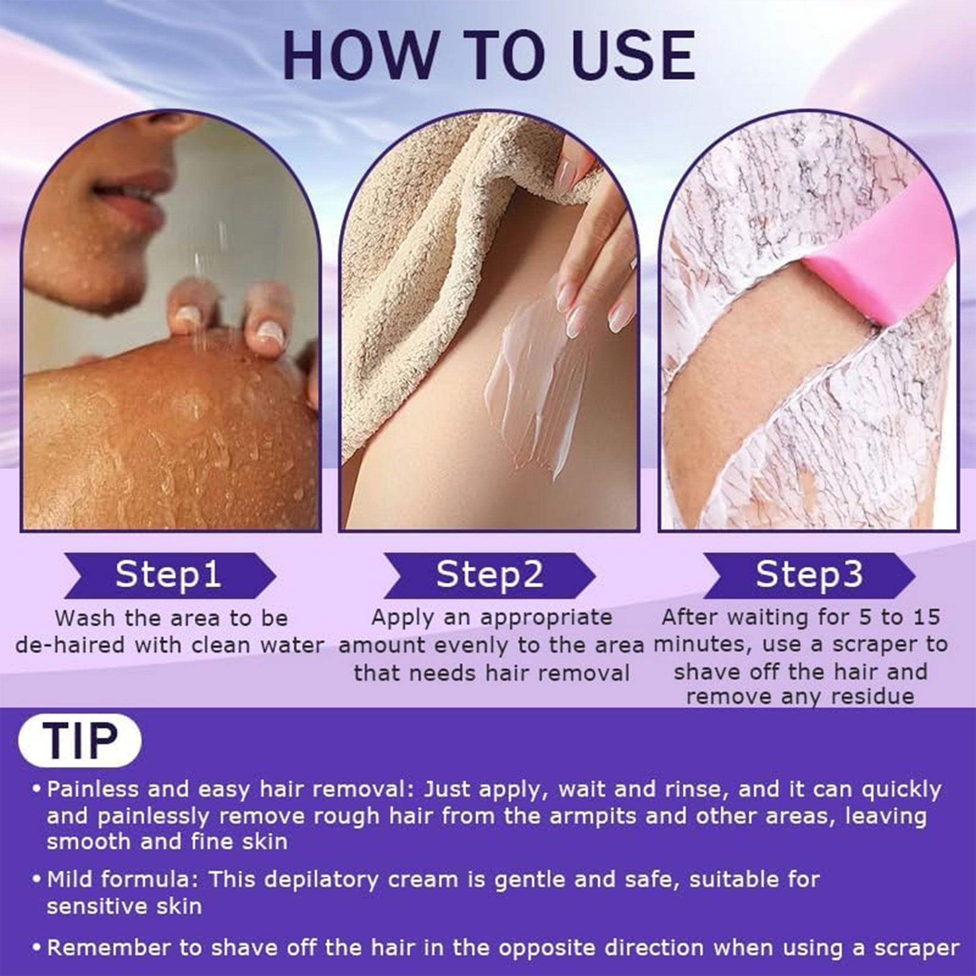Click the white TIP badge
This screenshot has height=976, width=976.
click(80, 741)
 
